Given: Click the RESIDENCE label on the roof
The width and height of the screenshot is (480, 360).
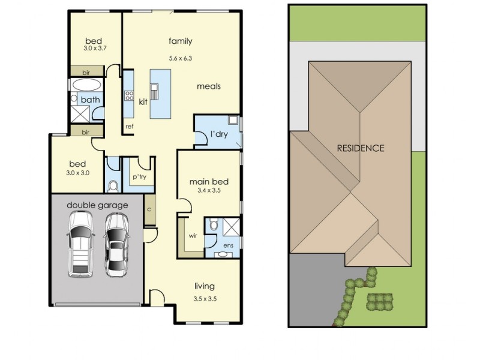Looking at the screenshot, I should [360, 148].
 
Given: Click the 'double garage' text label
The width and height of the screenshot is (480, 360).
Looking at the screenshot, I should [97, 205].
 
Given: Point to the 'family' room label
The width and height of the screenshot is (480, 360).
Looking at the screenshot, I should [180, 41].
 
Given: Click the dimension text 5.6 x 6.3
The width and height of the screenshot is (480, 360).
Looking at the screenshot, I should [180, 58].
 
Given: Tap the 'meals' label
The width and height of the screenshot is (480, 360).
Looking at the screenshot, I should [209, 86].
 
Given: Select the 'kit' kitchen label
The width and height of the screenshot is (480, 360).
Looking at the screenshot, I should [143, 101].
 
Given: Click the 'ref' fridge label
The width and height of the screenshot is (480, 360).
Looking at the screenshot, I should [129, 127].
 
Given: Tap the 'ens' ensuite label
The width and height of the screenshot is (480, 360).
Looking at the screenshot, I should [228, 246].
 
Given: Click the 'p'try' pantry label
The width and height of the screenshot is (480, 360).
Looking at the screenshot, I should [139, 177].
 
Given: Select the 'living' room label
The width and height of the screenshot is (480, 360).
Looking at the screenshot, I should [204, 286].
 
